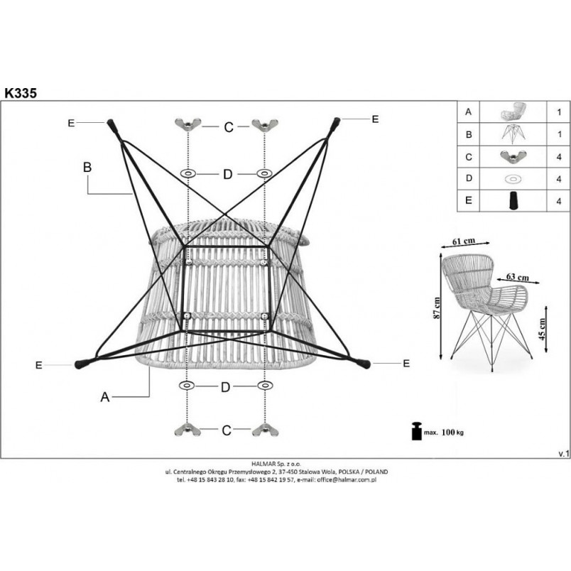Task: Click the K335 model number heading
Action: coord(21,93)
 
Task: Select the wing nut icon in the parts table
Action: coord(513,156)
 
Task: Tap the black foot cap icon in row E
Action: coord(513,200)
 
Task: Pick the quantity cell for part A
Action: coord(559,112)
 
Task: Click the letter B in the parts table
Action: coord(469,134)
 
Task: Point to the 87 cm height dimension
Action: coord(437,308)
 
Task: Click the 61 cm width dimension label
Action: coord(464,241)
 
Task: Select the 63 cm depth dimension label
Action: coord(518,277)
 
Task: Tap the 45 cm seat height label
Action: coord(542,330)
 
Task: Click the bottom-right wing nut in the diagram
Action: coord(265,430)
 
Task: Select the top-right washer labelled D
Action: coord(264,174)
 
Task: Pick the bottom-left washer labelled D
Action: coord(187,385)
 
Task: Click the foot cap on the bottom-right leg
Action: coord(364,364)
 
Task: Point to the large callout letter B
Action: coord(87,167)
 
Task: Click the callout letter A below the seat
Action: coord(105,397)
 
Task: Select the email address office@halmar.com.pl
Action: coord(347,479)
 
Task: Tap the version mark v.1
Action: coord(563,454)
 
